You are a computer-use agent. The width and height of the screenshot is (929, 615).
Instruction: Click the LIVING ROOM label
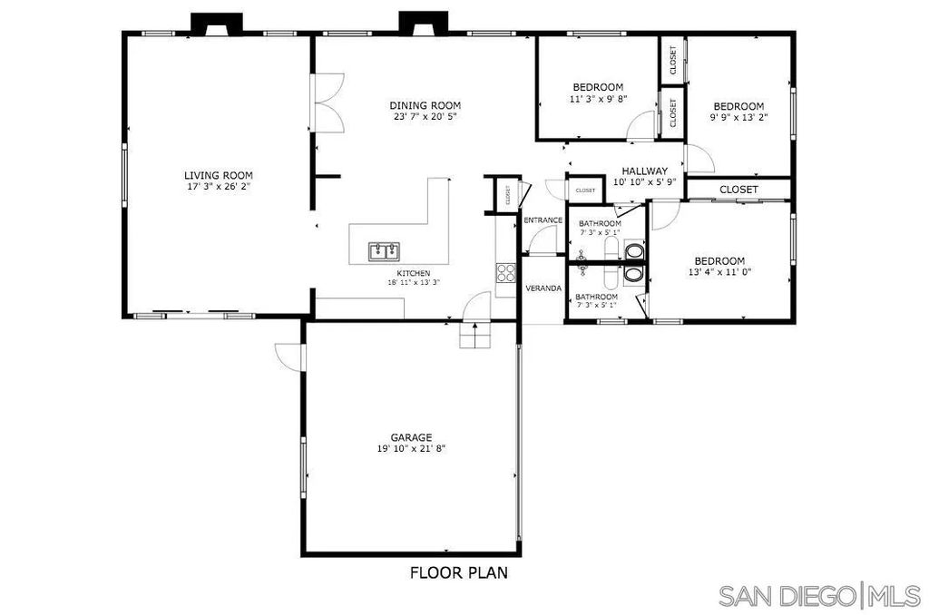[x=218, y=175]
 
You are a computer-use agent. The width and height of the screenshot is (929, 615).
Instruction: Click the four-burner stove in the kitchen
[x=506, y=273]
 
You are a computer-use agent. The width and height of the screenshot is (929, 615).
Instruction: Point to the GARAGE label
[x=411, y=437]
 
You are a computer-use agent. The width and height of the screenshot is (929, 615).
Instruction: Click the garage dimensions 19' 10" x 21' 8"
[x=411, y=448]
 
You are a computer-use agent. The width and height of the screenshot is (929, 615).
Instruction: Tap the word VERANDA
[x=543, y=288]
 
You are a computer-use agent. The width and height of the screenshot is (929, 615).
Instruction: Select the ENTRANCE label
[x=543, y=220]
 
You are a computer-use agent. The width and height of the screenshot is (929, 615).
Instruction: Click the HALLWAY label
[x=644, y=171]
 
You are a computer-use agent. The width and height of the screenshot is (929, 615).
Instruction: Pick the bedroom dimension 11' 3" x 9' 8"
[x=598, y=98]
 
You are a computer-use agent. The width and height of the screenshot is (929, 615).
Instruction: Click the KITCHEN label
[x=413, y=273]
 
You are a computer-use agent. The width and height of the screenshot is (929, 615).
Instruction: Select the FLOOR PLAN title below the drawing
[x=458, y=572]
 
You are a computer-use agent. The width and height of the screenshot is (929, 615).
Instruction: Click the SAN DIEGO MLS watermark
[x=819, y=596]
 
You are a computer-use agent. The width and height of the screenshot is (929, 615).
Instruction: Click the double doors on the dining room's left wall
[x=327, y=104]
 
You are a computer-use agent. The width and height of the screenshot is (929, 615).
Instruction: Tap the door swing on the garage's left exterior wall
[x=290, y=356]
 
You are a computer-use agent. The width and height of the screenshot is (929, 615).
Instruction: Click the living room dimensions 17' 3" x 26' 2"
[x=218, y=186]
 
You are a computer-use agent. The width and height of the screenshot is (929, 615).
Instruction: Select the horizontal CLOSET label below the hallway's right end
[x=738, y=189]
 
